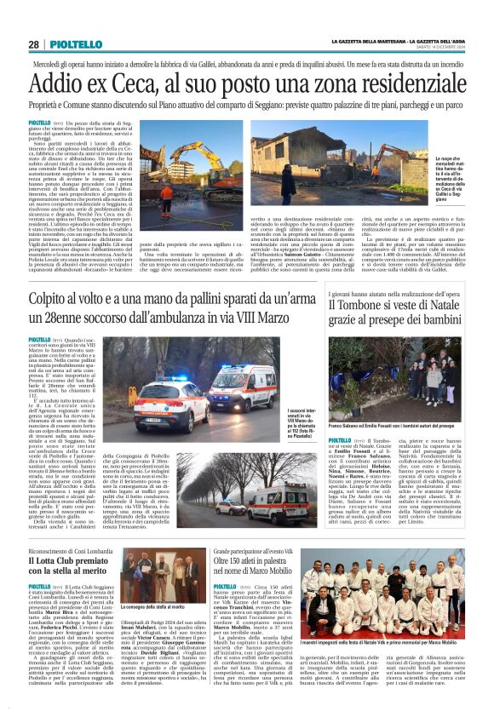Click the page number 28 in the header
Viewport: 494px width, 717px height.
coord(33,44)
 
